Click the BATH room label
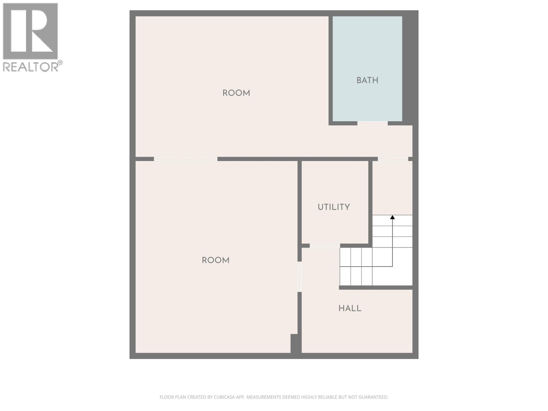367,80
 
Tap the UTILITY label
334,207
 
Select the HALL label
350,308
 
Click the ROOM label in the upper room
236,93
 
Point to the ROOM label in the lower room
215,260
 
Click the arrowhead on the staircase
393,217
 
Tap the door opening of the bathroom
372,123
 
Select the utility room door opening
325,246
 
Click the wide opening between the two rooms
186,159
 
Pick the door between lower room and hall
300,276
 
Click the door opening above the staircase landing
393,159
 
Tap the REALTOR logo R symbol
30,31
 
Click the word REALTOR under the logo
30,67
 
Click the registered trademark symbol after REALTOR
60,63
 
